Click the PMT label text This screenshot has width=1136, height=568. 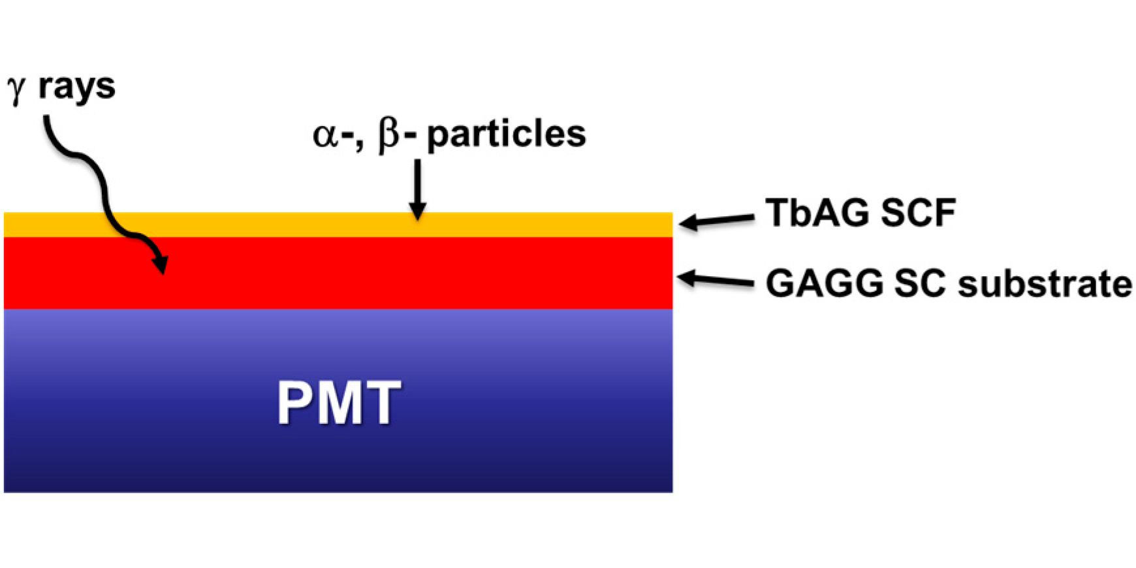click(x=339, y=403)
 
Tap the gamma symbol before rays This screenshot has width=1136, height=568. click(x=16, y=89)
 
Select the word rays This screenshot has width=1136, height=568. click(x=76, y=87)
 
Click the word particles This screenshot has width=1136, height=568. click(x=506, y=135)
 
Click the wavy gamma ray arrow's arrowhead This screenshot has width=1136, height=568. click(x=161, y=264)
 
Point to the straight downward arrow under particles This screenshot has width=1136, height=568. click(x=417, y=189)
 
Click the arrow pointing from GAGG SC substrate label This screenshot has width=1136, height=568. click(x=716, y=280)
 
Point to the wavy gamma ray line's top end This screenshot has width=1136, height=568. click(x=47, y=119)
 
